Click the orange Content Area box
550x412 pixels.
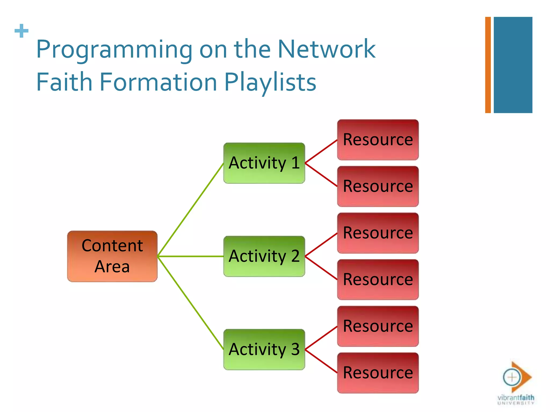[x=112, y=256]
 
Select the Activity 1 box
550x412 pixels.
[x=264, y=163]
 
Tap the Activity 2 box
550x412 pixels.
[x=264, y=256]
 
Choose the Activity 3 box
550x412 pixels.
[x=264, y=350]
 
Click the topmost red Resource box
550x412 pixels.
[x=378, y=140]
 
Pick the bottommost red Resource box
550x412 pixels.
[x=378, y=373]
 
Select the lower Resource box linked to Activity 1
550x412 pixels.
[x=378, y=186]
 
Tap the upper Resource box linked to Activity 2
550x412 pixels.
[x=378, y=233]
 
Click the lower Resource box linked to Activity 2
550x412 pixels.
[x=378, y=279]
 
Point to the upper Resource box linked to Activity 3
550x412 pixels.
[x=378, y=326]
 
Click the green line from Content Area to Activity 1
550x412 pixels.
[x=191, y=209]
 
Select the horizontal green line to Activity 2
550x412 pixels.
[x=191, y=256]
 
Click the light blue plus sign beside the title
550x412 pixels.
[x=21, y=31]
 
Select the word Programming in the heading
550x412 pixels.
[x=114, y=50]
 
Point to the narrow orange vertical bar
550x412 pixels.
[x=488, y=65]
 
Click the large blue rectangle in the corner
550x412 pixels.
[x=513, y=65]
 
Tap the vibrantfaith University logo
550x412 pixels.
[x=516, y=384]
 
